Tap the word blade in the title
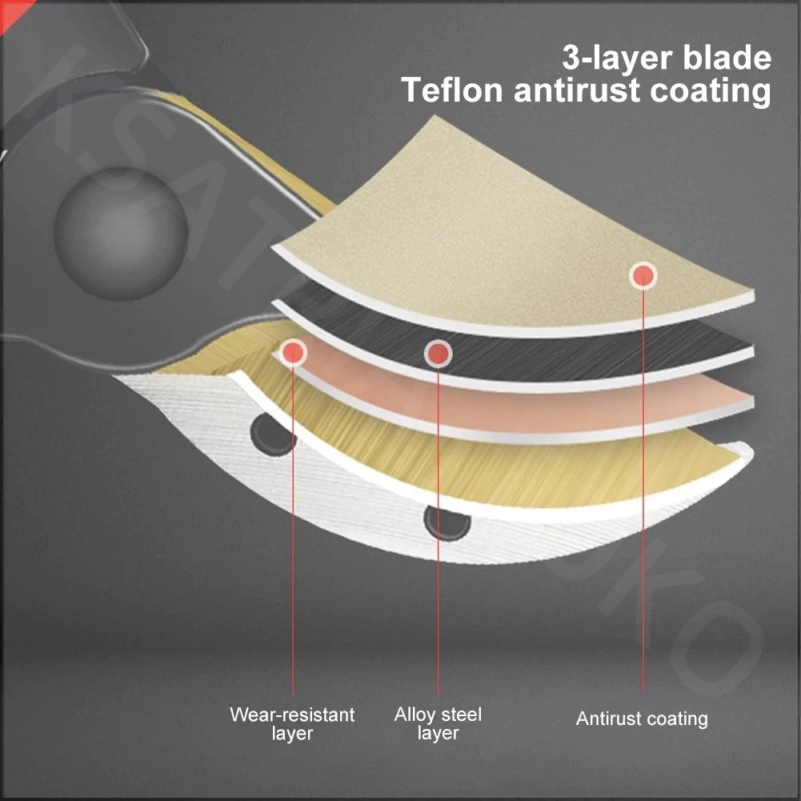coord(727,58)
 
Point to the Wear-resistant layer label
coord(292,723)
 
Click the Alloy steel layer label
coord(438,723)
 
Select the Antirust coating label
coord(642,719)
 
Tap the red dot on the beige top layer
coord(643,276)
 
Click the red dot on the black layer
coord(438,354)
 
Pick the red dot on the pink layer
coord(293,352)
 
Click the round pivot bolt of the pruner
coord(121,234)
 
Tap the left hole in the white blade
coord(272,435)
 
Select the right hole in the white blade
coord(447,523)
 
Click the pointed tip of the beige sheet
coord(435,117)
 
